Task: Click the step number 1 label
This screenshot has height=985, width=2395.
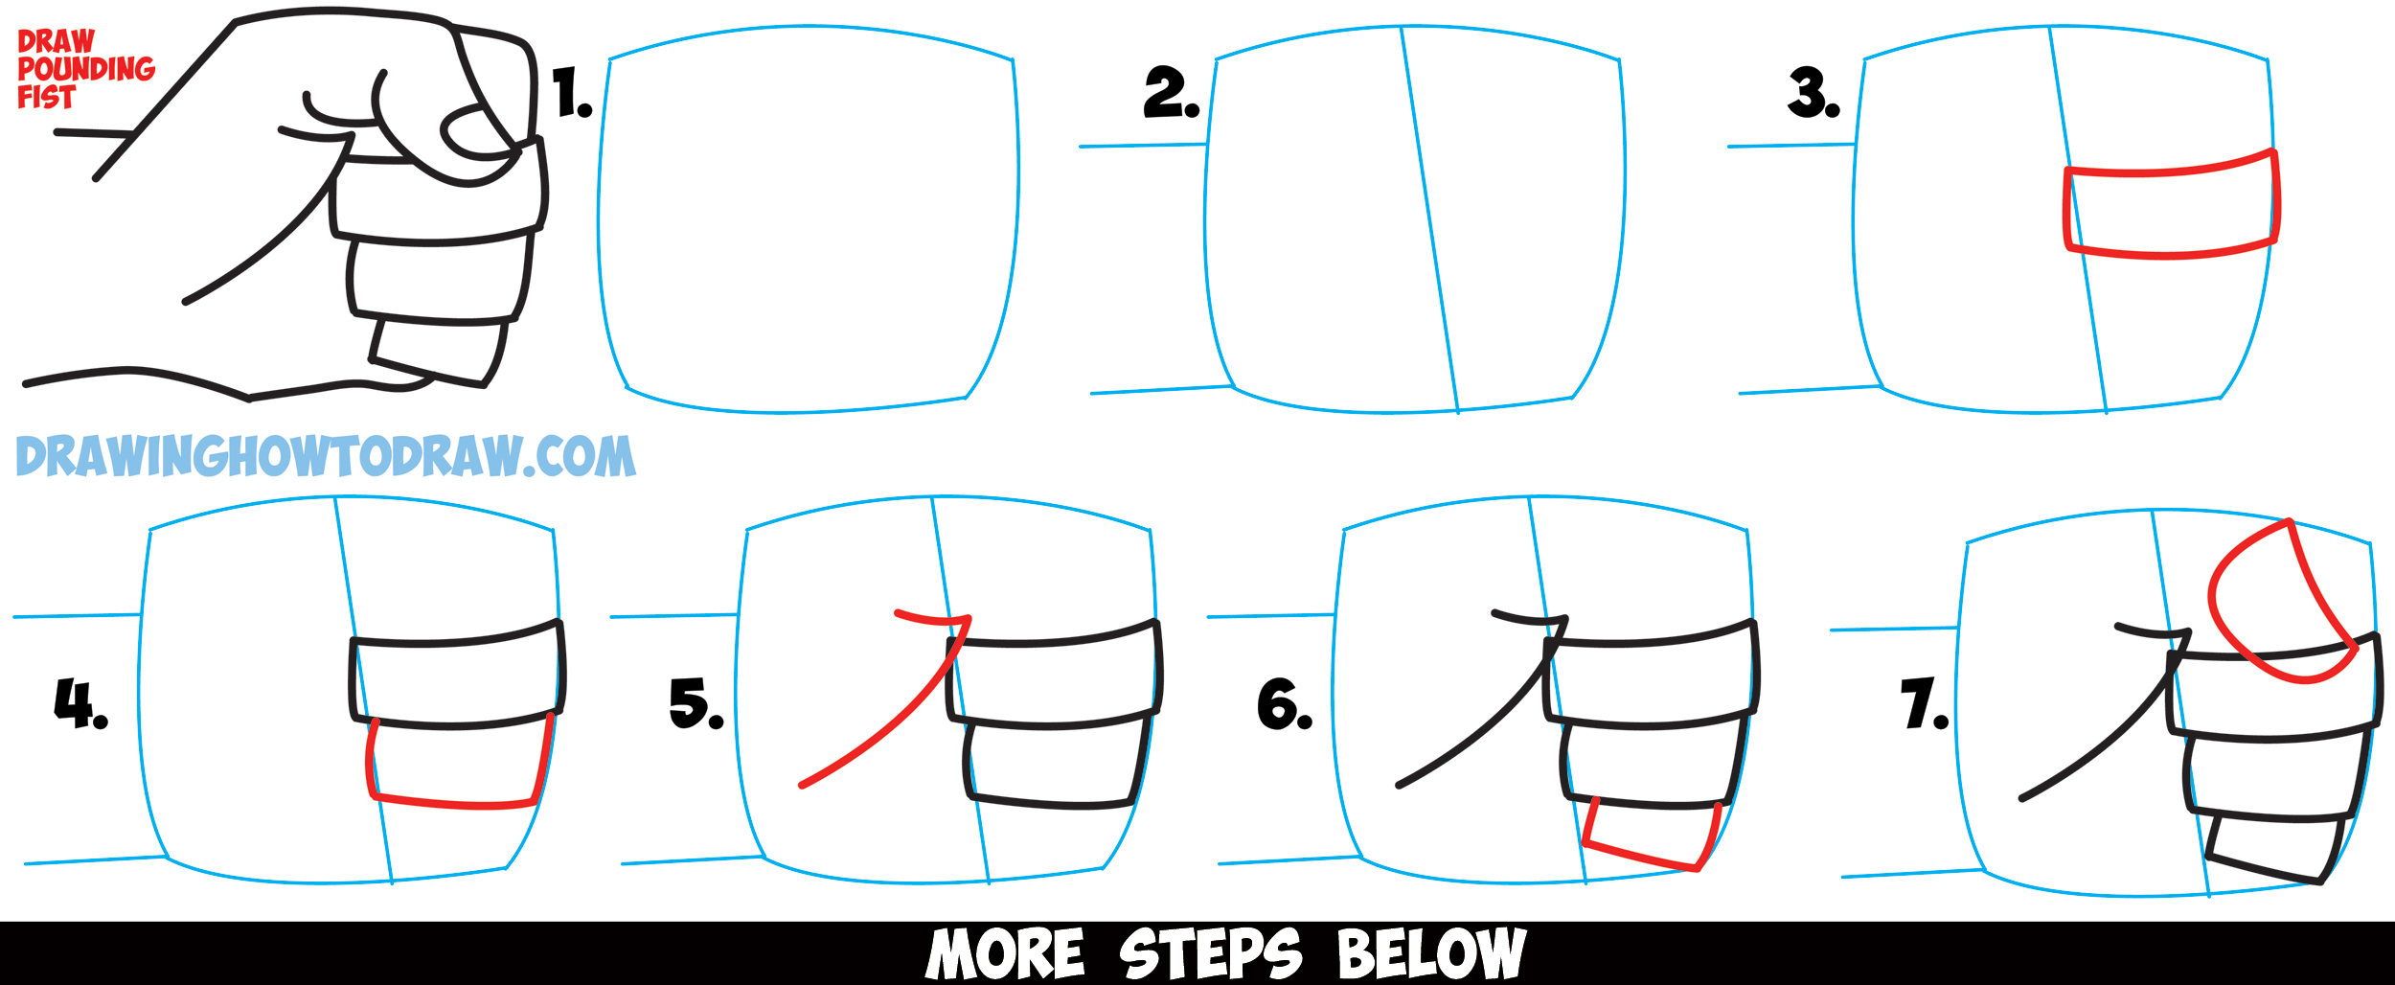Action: [572, 94]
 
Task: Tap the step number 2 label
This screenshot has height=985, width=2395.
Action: [1170, 95]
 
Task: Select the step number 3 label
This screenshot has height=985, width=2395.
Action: [1813, 95]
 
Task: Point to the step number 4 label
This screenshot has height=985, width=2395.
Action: [80, 704]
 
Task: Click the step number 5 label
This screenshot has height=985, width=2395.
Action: [696, 704]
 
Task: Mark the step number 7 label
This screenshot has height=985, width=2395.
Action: [1924, 704]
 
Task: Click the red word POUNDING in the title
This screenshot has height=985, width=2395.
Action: [86, 69]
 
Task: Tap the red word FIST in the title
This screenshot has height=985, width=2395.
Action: [46, 98]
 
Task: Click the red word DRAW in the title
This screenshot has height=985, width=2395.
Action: [56, 41]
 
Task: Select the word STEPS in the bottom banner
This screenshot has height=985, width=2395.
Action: [1210, 953]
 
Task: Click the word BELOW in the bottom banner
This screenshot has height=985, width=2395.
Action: [1431, 953]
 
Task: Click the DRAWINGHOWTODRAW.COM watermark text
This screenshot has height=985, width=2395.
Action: [326, 456]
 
